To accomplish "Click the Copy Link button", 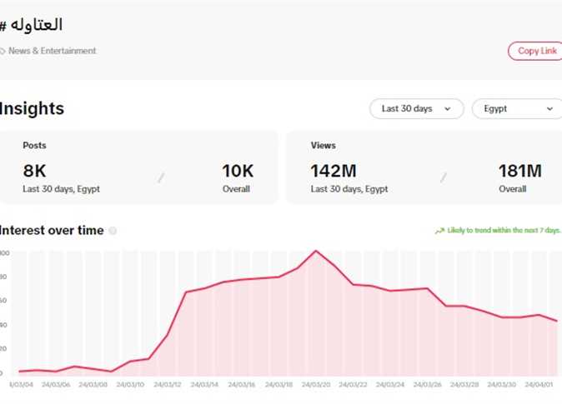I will [x=537, y=51].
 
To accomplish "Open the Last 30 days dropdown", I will [x=416, y=108].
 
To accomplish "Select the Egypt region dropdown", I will [x=515, y=108].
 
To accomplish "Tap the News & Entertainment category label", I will [x=52, y=51].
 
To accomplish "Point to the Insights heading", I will [x=32, y=108].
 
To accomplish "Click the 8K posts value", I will [x=34, y=171].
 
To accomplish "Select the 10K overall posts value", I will [x=237, y=171].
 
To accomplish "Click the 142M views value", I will [x=334, y=171].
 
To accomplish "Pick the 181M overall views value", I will [x=519, y=171].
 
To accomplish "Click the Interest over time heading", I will [x=52, y=231].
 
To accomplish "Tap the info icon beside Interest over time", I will [x=113, y=231].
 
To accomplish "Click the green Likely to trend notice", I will [x=498, y=231].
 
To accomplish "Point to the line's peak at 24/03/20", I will [x=316, y=251].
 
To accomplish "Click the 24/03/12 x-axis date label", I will [x=167, y=385].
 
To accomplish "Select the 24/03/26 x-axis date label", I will [x=427, y=385].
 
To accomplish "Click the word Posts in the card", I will [x=34, y=145].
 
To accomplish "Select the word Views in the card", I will [x=323, y=145].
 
